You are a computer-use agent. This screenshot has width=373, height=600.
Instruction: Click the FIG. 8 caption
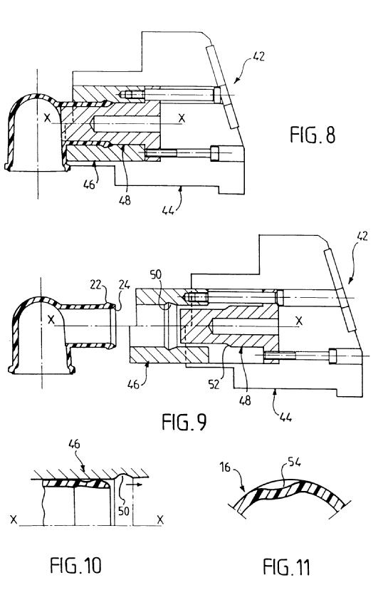pos(312,135)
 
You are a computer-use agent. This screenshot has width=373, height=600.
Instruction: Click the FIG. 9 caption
pos(184,422)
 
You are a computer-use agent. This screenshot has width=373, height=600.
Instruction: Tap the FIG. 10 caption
pos(75,565)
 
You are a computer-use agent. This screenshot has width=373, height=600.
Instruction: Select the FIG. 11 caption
pos(286,567)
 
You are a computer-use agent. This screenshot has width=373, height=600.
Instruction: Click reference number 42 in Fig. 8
pos(258,56)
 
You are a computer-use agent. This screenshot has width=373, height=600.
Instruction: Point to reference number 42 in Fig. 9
pos(362,235)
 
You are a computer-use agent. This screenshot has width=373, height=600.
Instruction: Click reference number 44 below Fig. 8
pos(168,210)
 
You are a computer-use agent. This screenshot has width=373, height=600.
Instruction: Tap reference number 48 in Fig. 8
pos(125,200)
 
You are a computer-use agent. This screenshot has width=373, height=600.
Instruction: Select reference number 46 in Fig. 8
pos(89,185)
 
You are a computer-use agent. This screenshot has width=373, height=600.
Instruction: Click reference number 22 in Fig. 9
pos(95,284)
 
